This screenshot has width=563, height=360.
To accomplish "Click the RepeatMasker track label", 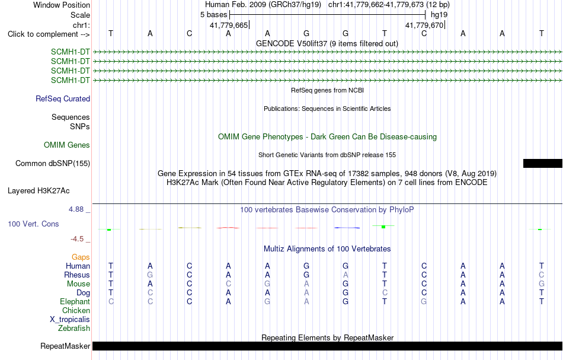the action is click(65, 346).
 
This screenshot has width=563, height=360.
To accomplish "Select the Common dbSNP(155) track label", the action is click(53, 164).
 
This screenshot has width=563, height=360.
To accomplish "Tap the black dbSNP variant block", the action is click(542, 164).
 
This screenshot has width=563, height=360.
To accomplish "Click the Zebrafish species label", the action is click(74, 328).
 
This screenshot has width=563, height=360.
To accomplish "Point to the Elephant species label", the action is click(75, 301).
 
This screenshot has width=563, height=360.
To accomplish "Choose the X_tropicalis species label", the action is click(70, 320).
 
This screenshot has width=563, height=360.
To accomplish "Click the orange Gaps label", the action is click(81, 257).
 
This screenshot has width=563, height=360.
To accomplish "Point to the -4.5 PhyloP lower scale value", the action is click(77, 239).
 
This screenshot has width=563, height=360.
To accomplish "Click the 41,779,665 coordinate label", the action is click(229, 25).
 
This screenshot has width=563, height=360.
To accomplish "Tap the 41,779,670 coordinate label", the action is click(424, 25).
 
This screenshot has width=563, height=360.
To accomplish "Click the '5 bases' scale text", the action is click(213, 15).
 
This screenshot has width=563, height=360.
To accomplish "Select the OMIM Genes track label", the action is click(67, 145).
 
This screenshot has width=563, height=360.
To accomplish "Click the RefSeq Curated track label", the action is click(63, 98).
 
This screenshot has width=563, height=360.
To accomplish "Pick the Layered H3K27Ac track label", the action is click(39, 190).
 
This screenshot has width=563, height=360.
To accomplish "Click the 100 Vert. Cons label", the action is click(33, 224).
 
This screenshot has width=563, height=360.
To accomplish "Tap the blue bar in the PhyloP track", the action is click(347, 227).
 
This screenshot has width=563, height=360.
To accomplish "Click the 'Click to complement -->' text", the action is click(49, 34).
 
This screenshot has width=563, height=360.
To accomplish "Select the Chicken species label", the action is click(76, 310).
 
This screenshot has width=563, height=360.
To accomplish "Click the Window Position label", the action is click(62, 5).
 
